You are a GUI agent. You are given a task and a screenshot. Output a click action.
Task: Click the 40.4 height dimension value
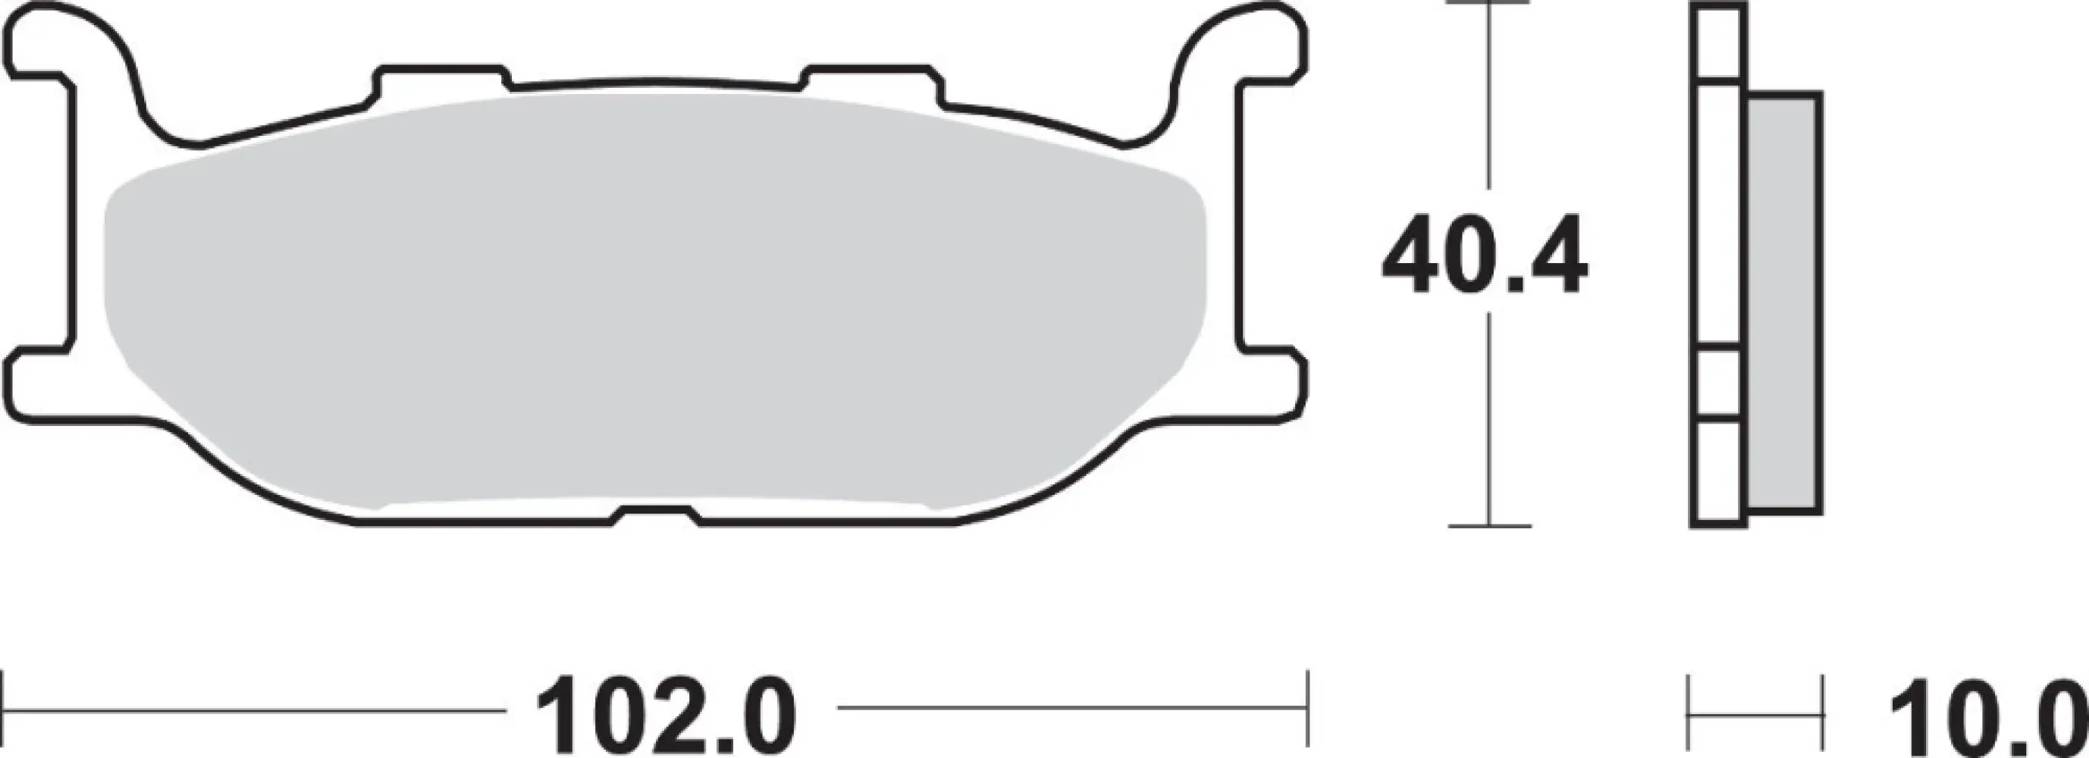click(1485, 255)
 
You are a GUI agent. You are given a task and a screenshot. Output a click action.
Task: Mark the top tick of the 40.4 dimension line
click(1488, 3)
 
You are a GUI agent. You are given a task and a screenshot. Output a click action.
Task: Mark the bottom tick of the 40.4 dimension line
click(1489, 526)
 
